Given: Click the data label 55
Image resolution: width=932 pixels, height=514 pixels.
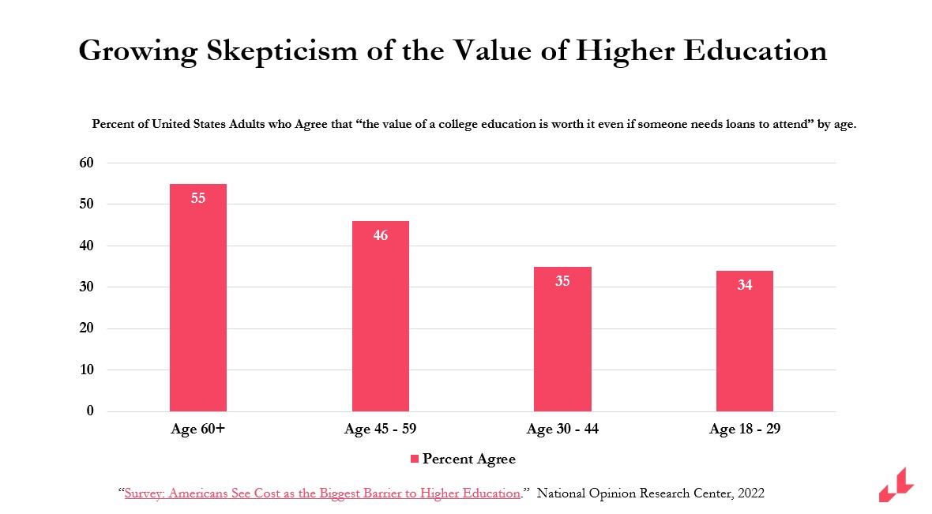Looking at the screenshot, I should pos(198,199).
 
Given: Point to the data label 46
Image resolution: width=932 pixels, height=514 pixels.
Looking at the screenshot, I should pos(381,235).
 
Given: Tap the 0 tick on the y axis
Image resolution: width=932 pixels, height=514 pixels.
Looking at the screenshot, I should pos(90,411).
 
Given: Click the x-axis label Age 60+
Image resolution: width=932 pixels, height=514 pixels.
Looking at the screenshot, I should pos(198,430).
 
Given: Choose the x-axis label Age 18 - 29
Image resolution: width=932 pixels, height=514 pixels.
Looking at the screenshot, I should pos(744,430).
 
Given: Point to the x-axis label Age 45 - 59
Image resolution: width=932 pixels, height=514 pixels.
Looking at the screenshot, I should pos(381,430).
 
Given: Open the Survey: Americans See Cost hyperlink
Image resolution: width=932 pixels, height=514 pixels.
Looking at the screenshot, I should pos(322,493).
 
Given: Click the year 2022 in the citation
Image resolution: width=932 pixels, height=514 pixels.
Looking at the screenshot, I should pos(750,493).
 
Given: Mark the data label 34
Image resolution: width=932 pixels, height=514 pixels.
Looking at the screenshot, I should pos(744,285).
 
